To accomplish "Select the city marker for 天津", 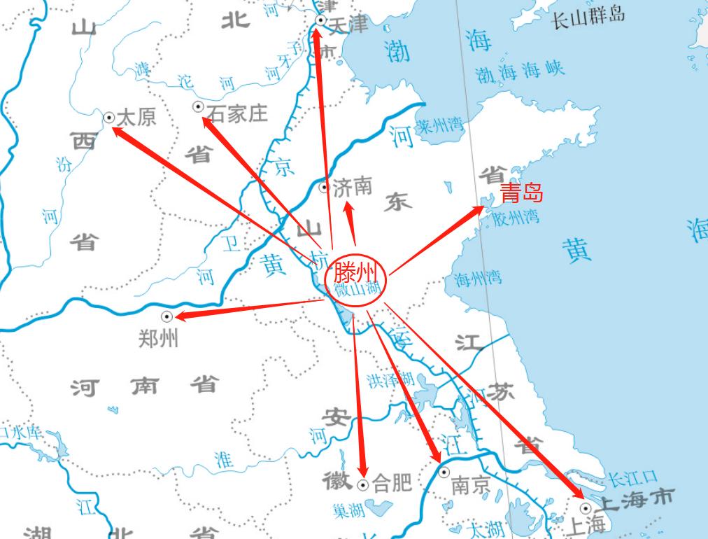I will [320, 21].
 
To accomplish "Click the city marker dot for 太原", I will [109, 118].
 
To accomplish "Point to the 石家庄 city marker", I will [198, 106].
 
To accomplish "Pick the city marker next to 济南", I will [324, 187].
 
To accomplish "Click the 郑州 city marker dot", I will [167, 316].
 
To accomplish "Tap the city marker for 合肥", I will [362, 484].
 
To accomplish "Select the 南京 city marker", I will [444, 472].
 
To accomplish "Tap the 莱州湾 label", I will [439, 127].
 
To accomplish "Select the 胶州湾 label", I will [516, 217].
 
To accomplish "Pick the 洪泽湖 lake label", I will [390, 380].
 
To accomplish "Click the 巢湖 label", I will [348, 512].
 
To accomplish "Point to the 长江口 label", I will [632, 479].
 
